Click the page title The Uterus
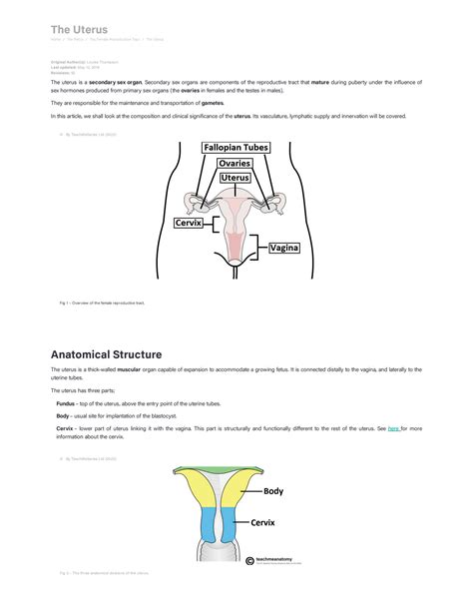click(79, 30)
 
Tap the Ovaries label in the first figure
click(235, 163)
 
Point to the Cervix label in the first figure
click(189, 224)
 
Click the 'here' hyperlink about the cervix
click(393, 427)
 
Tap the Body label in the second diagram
click(272, 491)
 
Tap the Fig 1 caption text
click(102, 302)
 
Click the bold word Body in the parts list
click(62, 414)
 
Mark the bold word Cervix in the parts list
click(64, 427)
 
